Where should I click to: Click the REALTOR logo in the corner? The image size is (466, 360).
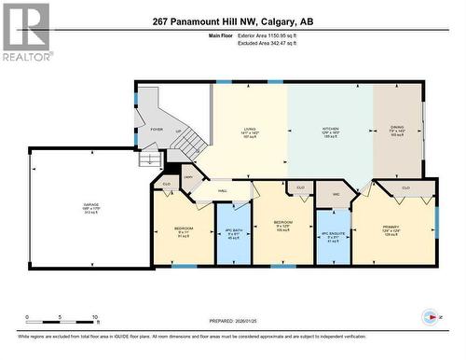(26, 33)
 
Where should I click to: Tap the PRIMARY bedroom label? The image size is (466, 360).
(391, 228)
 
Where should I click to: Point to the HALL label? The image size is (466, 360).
(224, 191)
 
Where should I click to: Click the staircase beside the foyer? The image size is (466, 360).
(190, 143)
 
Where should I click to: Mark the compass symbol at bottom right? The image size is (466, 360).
(429, 317)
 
